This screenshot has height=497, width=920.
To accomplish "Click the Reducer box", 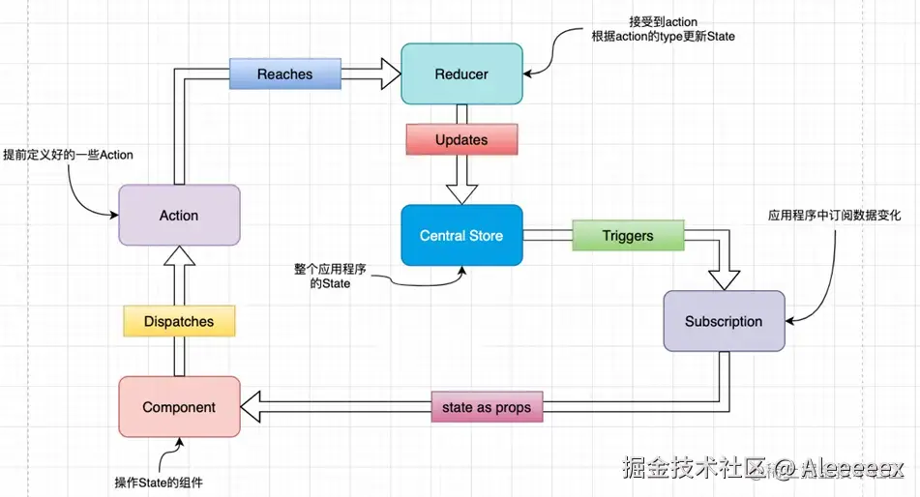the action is click(461, 73).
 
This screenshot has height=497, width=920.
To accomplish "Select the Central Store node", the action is click(461, 235).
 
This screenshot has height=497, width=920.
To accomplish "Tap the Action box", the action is click(179, 216).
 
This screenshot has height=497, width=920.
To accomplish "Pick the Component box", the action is click(179, 407).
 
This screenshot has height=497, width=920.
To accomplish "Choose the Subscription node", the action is click(724, 322).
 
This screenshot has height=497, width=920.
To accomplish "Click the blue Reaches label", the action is click(285, 73).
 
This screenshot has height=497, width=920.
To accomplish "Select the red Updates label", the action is click(461, 139).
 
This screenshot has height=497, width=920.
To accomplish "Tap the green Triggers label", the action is click(628, 235).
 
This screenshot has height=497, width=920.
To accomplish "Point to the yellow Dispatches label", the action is click(179, 322).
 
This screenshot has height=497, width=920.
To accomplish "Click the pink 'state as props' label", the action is click(487, 407).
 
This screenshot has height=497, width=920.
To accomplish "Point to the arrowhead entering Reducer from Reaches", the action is click(391, 73).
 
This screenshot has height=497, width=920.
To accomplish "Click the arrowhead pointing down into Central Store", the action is click(461, 194).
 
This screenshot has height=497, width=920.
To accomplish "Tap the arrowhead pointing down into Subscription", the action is click(724, 280).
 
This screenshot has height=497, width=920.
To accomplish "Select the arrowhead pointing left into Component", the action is click(251, 407).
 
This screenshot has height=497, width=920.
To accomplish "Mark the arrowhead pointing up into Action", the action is click(179, 256).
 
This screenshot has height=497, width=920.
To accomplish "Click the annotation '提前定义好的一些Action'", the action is click(68, 155).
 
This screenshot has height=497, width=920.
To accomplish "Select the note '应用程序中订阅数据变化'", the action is click(834, 216).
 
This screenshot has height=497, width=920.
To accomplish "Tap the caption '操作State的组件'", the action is click(159, 482).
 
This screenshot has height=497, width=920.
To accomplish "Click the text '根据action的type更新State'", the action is click(663, 37).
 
